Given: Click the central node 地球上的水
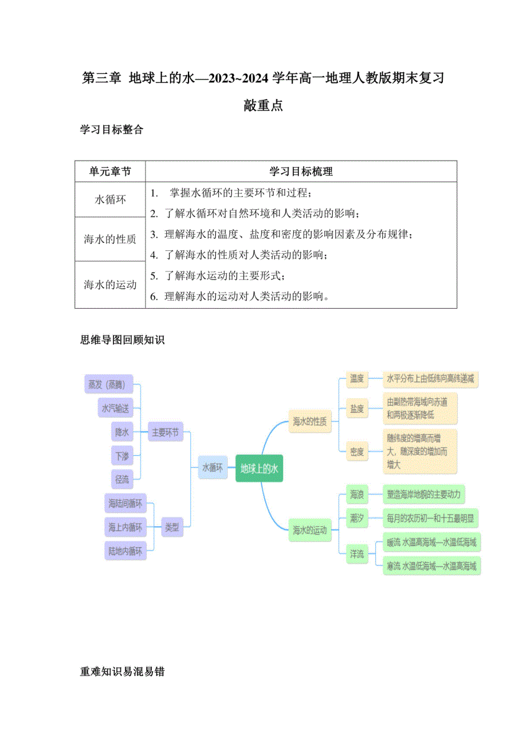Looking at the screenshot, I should point(259,468).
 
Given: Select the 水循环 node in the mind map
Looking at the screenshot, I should point(212,468).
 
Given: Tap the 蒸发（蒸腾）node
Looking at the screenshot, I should point(108,384).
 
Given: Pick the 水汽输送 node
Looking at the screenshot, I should point(115,409).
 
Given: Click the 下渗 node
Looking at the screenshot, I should point(121,456).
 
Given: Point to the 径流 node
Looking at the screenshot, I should point(121,479).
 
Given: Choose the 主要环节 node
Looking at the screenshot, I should point(164,433).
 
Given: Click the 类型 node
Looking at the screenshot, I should point(171,527).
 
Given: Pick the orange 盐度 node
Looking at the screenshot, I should point(357,409).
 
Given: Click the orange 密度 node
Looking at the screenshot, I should point(357,452).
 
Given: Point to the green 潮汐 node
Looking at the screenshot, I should point(357,519).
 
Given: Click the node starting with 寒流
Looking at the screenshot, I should point(431,566).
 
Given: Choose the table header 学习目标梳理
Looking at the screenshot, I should point(301,171).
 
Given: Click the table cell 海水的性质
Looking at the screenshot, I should point(110,239).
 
